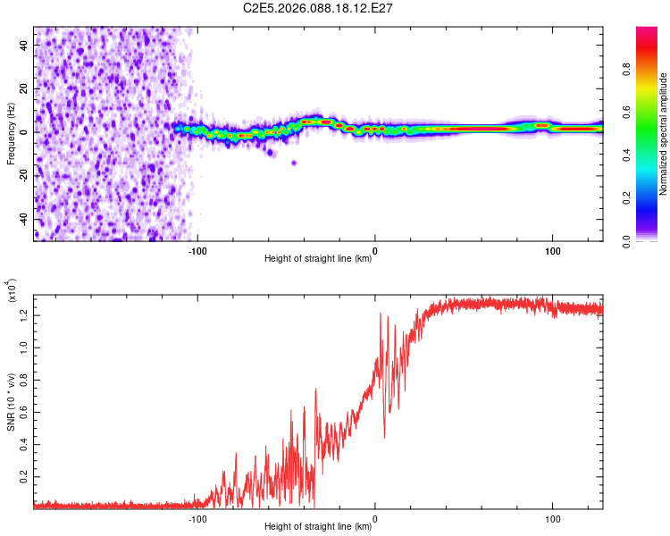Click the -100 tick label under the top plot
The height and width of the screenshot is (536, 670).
(x=197, y=250)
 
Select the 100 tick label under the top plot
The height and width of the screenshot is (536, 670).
(x=553, y=250)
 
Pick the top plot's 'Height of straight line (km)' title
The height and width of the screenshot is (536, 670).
(x=318, y=259)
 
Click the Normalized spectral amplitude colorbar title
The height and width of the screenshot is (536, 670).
(x=664, y=134)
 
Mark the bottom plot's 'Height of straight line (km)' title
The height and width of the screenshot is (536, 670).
(x=318, y=527)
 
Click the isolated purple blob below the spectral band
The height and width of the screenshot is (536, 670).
(x=294, y=163)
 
